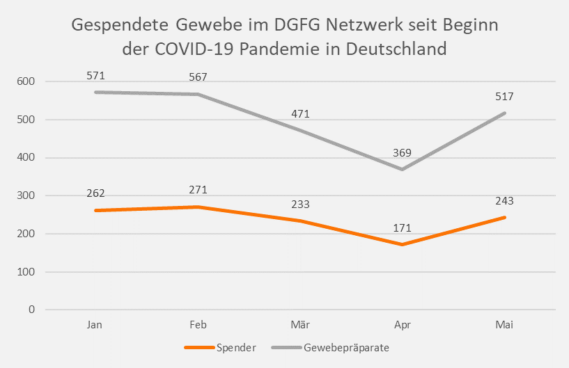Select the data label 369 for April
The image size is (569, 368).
point(402,153)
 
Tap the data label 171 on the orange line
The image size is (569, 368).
point(402,228)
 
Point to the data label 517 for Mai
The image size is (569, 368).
point(504,97)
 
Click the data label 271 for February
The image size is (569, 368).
point(198,190)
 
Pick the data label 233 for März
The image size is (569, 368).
point(300,205)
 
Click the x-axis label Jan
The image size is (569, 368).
point(95,326)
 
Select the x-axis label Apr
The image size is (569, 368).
point(402,326)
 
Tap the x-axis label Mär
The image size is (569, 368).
point(300,326)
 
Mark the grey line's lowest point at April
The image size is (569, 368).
point(402,169)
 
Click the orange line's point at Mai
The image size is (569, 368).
point(504,218)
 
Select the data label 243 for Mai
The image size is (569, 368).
point(504,201)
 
